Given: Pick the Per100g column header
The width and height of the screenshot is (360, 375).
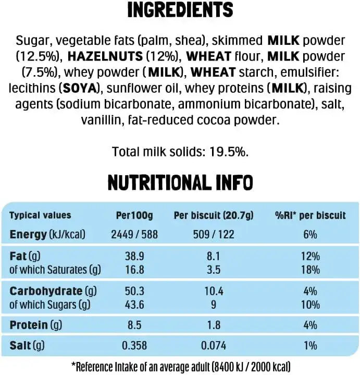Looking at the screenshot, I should [133, 215].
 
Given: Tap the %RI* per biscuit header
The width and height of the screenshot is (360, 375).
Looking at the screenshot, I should [310, 215].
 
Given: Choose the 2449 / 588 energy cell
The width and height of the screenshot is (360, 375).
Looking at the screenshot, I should [134, 235].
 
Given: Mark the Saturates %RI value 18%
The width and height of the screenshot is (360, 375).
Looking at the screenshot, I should [310, 270].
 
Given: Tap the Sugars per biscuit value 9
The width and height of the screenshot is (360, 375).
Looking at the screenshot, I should [213, 305].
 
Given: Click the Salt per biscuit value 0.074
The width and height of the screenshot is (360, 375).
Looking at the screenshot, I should [213, 345].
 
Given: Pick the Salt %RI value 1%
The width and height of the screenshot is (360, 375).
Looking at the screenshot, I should [310, 345].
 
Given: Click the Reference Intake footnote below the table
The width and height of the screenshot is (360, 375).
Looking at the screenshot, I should [180, 367].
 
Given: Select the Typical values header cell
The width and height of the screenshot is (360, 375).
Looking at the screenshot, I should [40, 215].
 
